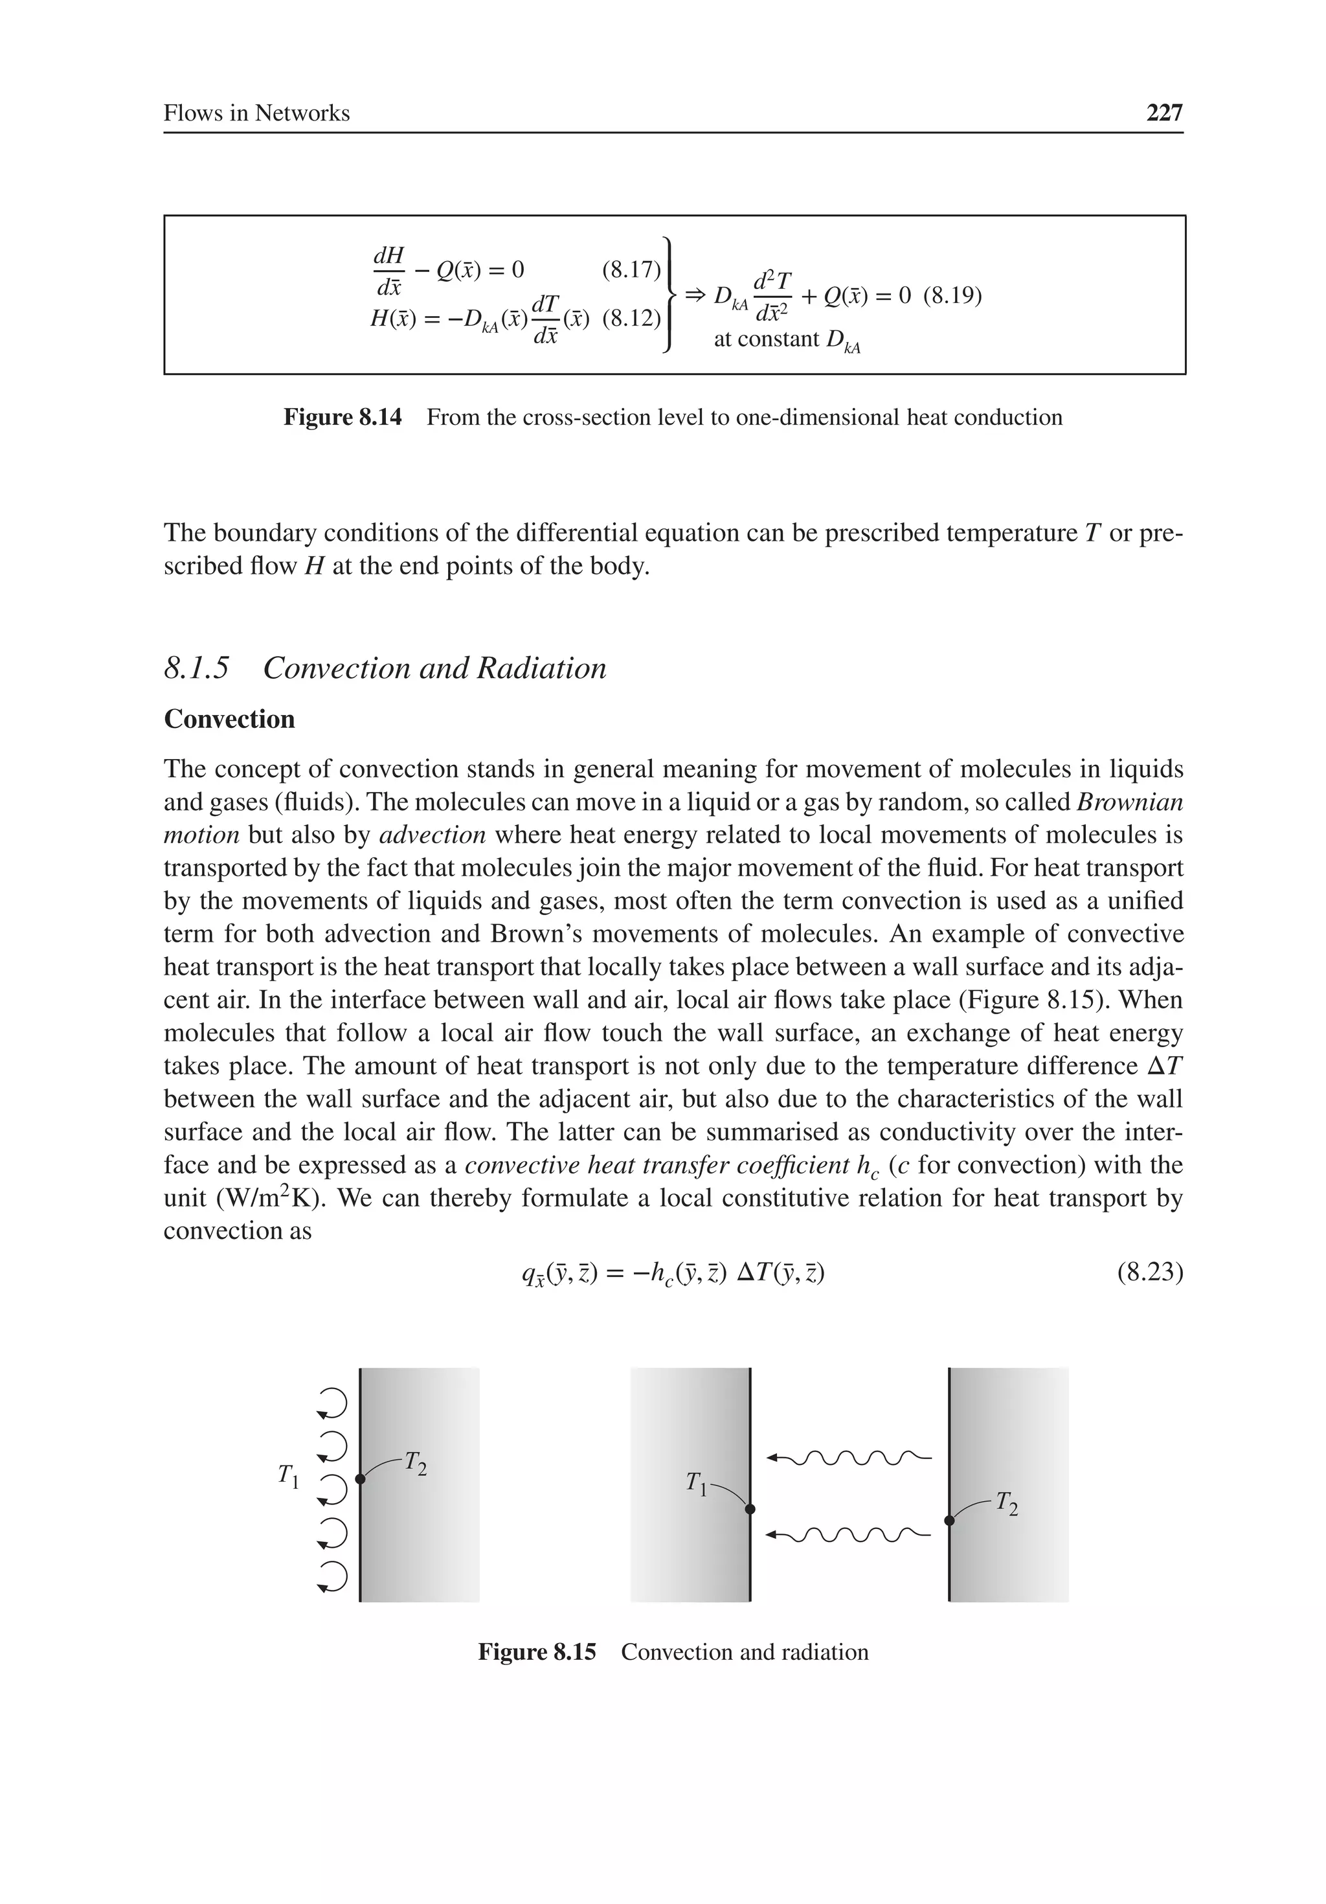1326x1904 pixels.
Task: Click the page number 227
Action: point(1163,113)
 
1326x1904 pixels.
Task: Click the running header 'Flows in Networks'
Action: point(256,113)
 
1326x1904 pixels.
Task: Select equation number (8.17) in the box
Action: point(630,269)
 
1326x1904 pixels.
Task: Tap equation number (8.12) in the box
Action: point(630,319)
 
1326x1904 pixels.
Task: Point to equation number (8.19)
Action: point(952,296)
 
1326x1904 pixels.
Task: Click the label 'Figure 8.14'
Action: point(343,417)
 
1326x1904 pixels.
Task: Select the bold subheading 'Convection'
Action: point(230,719)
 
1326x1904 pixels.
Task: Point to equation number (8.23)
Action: point(1149,1272)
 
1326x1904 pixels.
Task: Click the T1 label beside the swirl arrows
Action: point(287,1475)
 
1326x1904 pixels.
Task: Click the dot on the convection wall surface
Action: point(360,1479)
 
